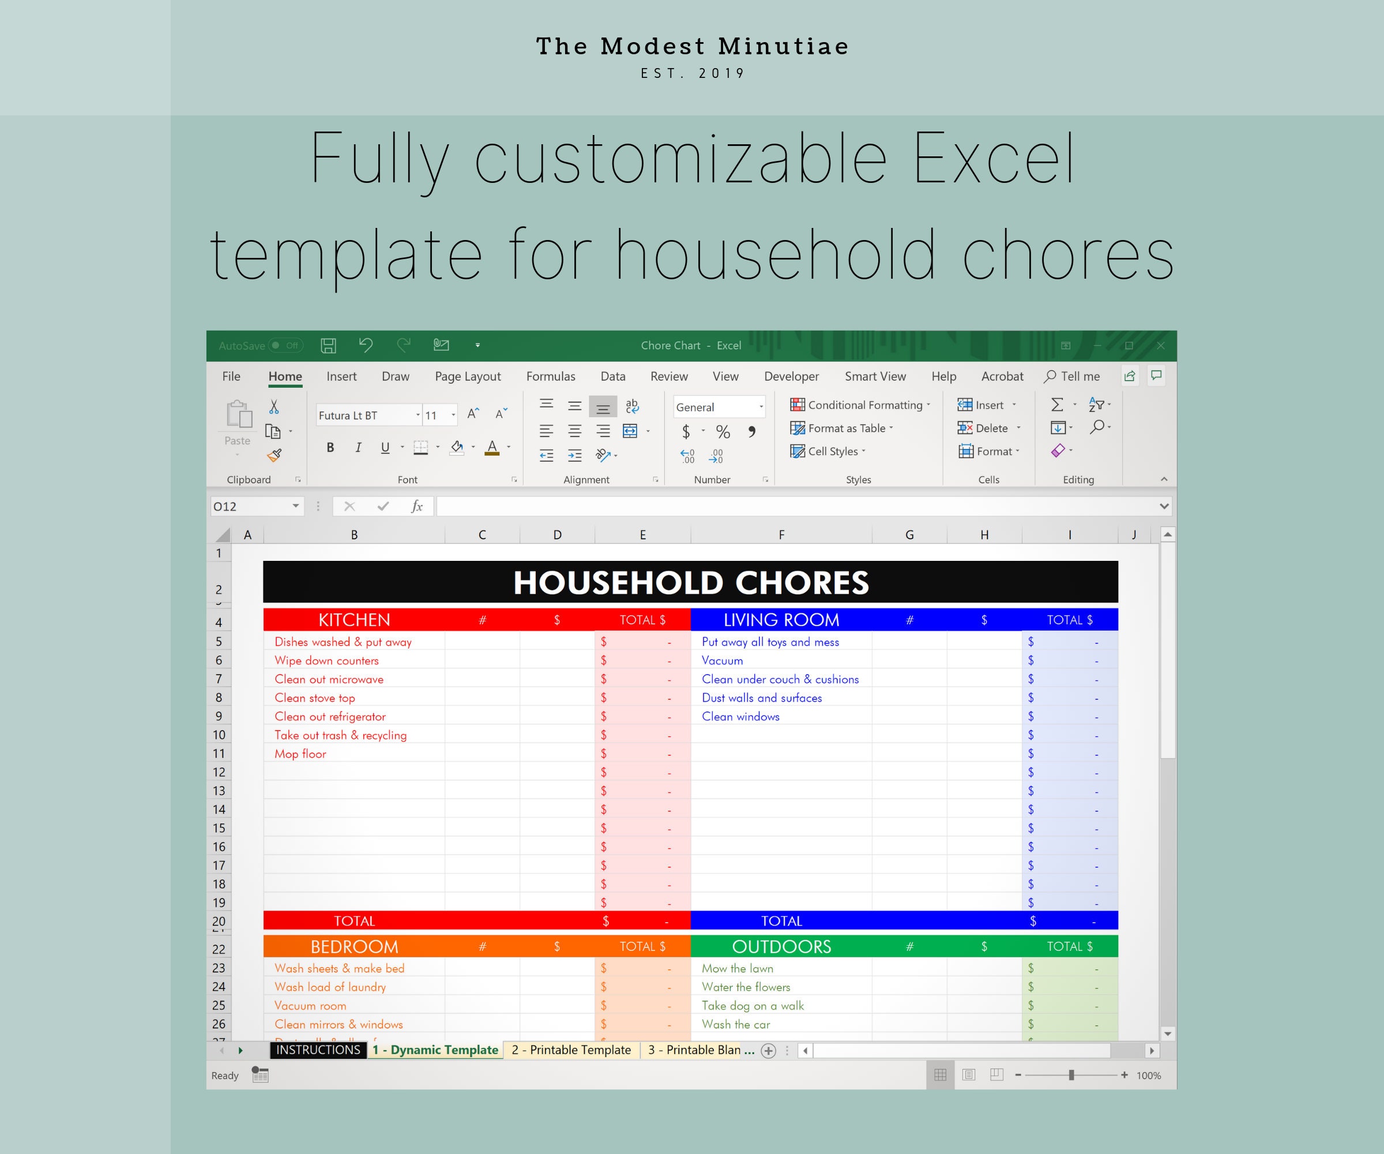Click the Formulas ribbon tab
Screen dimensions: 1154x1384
tap(550, 377)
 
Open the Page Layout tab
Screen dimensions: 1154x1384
tap(467, 377)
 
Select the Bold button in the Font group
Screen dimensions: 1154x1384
tap(330, 448)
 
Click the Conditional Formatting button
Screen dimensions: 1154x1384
tap(860, 405)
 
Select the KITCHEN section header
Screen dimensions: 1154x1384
tap(354, 620)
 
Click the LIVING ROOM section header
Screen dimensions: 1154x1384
tap(781, 620)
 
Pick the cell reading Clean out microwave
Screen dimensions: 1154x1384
tap(329, 679)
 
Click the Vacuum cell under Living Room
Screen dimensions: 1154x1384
tap(723, 661)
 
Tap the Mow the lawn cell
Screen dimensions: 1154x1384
tap(738, 969)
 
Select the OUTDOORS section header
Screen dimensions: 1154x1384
tap(781, 947)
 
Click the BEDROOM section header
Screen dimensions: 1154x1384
tap(354, 947)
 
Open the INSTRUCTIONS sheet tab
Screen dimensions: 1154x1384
tap(318, 1050)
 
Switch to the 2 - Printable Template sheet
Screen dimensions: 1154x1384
tap(571, 1050)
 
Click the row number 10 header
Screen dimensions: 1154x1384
tap(219, 735)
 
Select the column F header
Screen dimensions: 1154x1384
tap(781, 535)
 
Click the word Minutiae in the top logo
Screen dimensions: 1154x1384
tap(783, 46)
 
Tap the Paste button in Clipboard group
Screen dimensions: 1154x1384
tap(238, 422)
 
